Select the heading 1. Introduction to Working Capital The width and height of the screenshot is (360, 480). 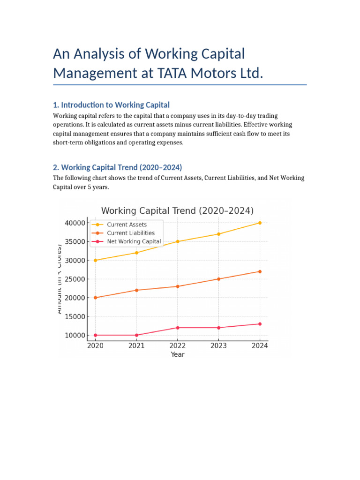[x=111, y=105]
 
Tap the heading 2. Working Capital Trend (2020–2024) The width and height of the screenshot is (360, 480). [x=117, y=167]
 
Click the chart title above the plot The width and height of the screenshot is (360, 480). [x=177, y=210]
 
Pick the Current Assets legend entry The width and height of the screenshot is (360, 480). [x=127, y=225]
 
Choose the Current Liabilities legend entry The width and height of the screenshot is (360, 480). [x=130, y=233]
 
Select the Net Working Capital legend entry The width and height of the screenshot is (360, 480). [x=134, y=241]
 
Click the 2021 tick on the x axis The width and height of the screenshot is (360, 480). [x=136, y=345]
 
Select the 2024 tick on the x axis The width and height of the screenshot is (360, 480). [x=260, y=345]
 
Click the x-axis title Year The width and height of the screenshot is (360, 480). [x=178, y=354]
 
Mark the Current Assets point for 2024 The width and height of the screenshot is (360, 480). [x=260, y=223]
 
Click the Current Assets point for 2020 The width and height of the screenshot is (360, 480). [x=95, y=260]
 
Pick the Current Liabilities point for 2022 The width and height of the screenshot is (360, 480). [x=178, y=286]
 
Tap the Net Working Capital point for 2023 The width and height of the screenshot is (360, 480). [x=218, y=328]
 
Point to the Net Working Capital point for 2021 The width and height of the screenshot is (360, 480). [x=136, y=335]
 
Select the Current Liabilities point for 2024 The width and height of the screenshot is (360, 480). [x=260, y=271]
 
